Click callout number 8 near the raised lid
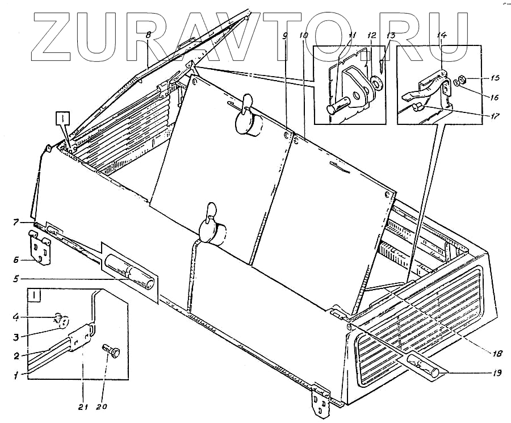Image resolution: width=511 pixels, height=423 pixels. (x=148, y=35)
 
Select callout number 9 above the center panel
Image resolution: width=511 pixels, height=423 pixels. (x=285, y=35)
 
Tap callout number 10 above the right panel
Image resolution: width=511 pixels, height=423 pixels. (x=304, y=35)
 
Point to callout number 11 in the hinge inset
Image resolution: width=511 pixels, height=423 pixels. (x=352, y=35)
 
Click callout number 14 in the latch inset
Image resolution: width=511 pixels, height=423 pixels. (x=442, y=35)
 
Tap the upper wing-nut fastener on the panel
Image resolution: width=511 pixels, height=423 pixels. (x=248, y=116)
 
